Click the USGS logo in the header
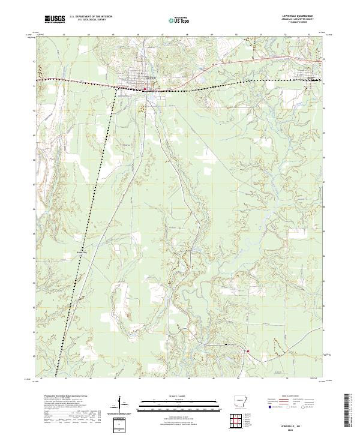[55, 20]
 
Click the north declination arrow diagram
[121, 404]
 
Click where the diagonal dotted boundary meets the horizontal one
[115, 89]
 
